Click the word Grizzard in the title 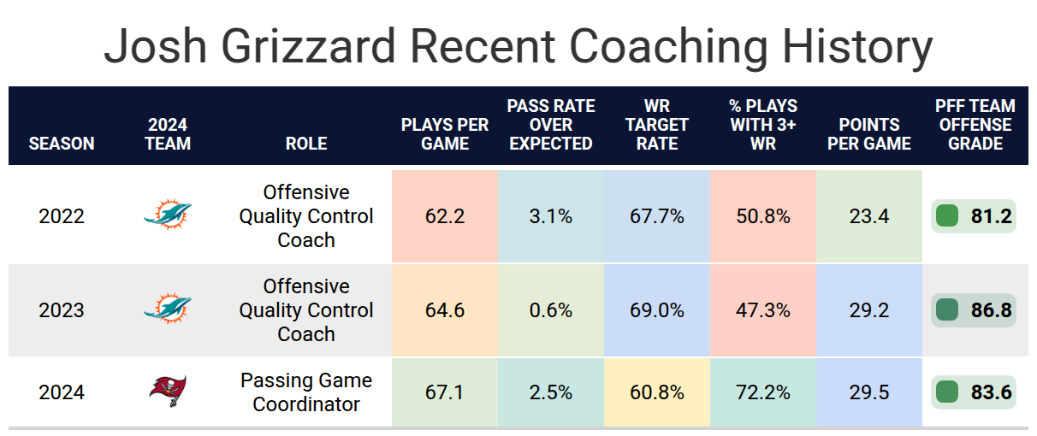(308, 47)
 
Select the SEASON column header (62, 144)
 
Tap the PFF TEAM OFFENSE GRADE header (975, 125)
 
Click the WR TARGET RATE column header (657, 125)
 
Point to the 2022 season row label (62, 216)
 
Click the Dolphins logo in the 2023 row (168, 309)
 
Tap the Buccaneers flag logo (168, 391)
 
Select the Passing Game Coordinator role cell (306, 392)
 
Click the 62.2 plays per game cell (445, 216)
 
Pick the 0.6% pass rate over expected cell (551, 310)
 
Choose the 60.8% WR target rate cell (657, 392)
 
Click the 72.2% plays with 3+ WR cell (763, 392)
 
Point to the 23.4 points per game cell (869, 216)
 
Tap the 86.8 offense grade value (991, 310)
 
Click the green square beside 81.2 (947, 216)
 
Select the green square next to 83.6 (947, 392)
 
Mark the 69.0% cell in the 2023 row (657, 310)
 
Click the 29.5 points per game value (869, 392)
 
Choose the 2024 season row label (62, 392)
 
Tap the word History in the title (857, 47)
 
